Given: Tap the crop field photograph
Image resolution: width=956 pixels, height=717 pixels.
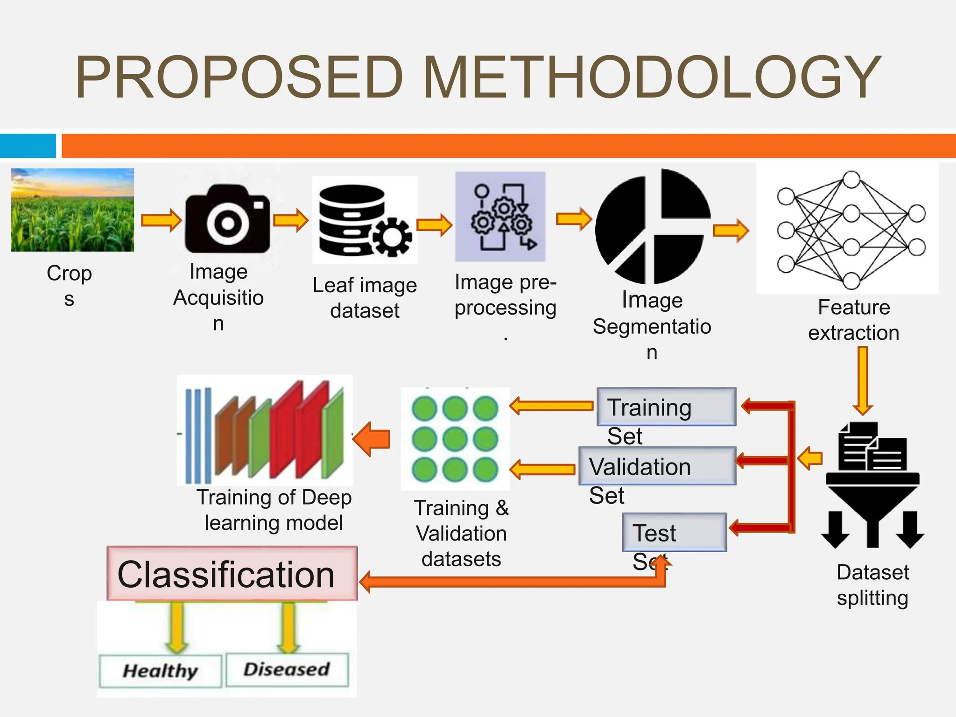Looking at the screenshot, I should [72, 210].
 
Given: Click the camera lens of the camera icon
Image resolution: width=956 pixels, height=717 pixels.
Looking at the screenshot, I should [227, 223].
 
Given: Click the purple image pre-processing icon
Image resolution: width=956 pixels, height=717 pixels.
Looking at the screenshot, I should [500, 217].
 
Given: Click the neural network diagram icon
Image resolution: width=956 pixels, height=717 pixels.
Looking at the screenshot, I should [848, 229].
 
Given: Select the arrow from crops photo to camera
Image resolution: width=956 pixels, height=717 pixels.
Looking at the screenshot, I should [161, 220].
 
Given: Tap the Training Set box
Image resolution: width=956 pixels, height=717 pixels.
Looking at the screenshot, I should [666, 407].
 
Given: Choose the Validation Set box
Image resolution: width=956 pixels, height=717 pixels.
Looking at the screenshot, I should [657, 466].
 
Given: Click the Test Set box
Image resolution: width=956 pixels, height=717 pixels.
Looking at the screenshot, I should [675, 532].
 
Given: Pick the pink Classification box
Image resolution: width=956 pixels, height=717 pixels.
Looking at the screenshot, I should [232, 574].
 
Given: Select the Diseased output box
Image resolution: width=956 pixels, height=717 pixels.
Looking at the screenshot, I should [287, 670].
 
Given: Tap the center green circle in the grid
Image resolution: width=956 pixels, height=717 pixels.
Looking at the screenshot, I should [455, 439].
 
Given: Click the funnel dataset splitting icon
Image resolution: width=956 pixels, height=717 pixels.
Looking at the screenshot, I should [872, 485].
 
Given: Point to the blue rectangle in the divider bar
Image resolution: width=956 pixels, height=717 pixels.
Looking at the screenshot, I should [28, 146].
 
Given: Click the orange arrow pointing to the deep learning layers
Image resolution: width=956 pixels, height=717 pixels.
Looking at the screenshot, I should [372, 439].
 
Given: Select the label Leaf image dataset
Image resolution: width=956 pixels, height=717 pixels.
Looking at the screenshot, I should [365, 298].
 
